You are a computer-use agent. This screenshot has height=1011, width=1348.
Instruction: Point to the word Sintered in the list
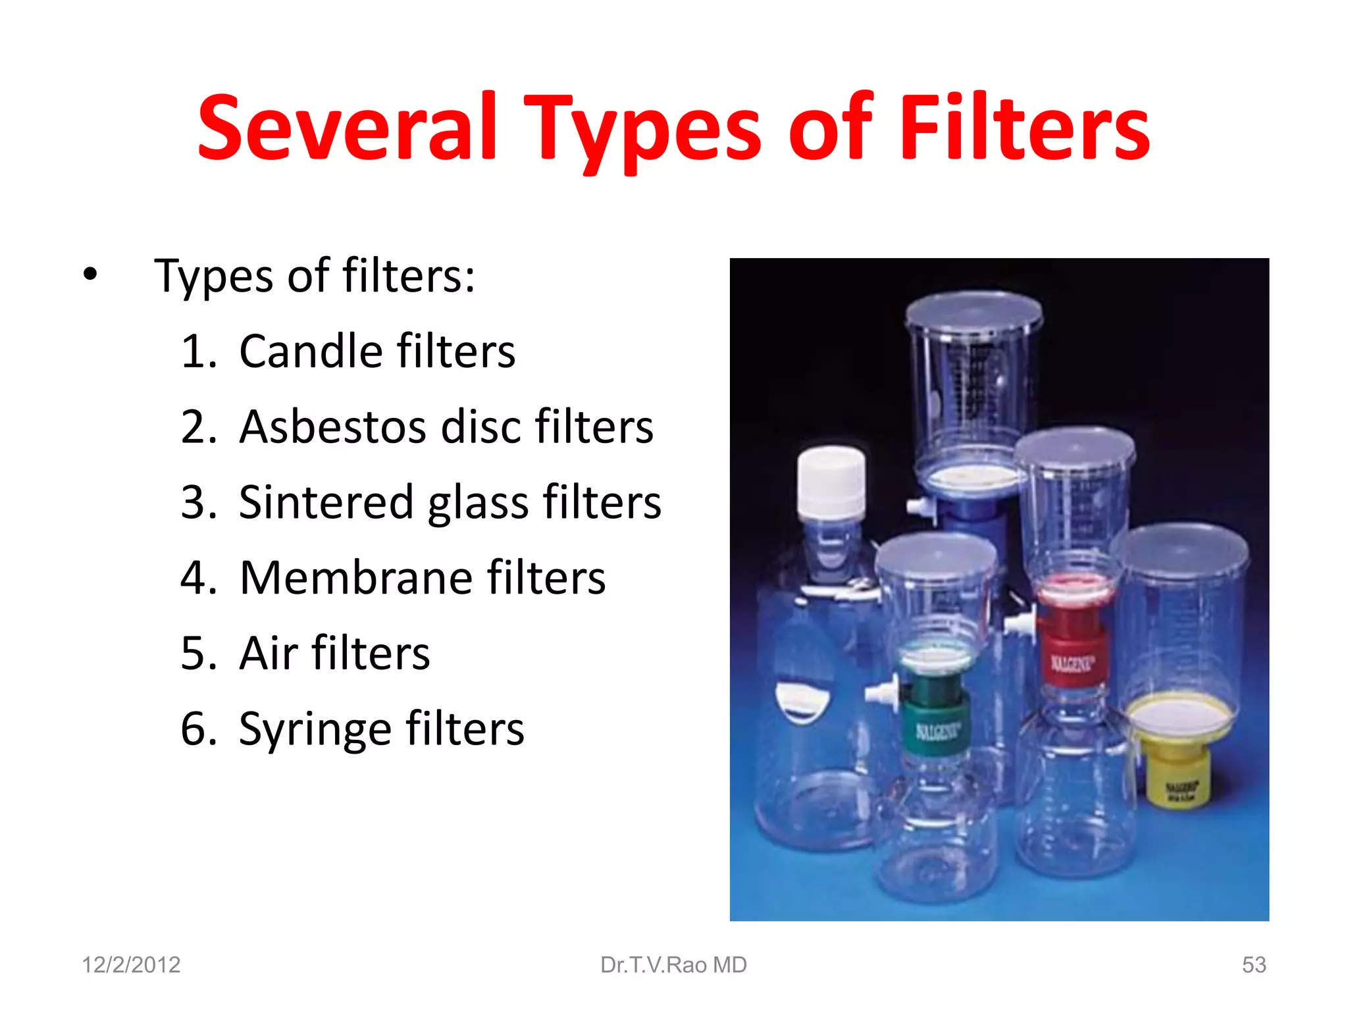[x=326, y=502]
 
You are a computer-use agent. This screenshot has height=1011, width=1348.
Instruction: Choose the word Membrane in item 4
[x=355, y=578]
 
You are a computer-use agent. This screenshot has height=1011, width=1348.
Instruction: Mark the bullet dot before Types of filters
[x=90, y=274]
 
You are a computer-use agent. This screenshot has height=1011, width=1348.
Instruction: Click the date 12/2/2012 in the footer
[x=131, y=965]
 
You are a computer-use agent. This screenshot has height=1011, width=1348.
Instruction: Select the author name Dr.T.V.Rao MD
[x=673, y=965]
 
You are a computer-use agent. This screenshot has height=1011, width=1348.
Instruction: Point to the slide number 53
[x=1254, y=965]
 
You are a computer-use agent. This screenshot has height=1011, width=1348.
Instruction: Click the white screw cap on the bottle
[x=831, y=480]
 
